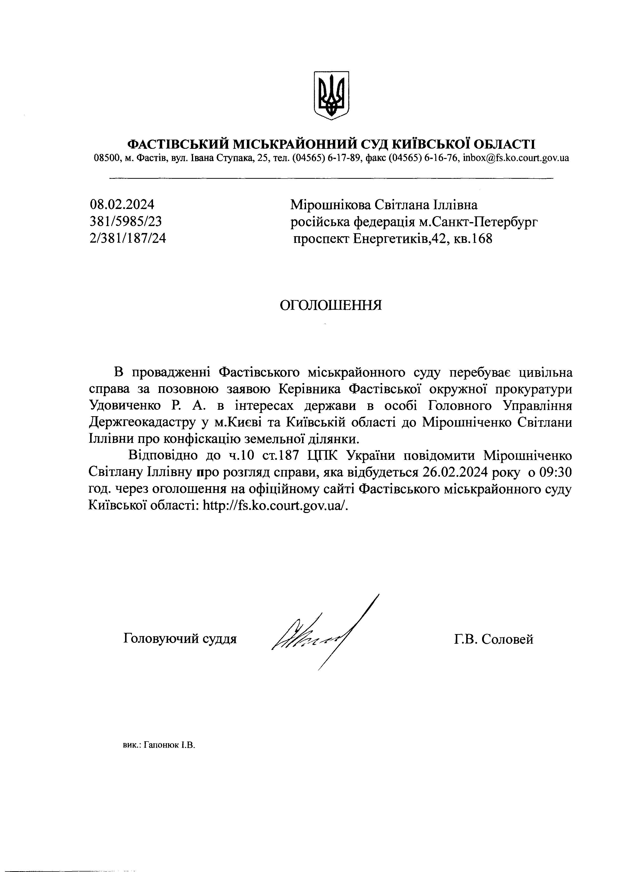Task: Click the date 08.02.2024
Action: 122,205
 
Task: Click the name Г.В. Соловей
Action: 494,639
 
